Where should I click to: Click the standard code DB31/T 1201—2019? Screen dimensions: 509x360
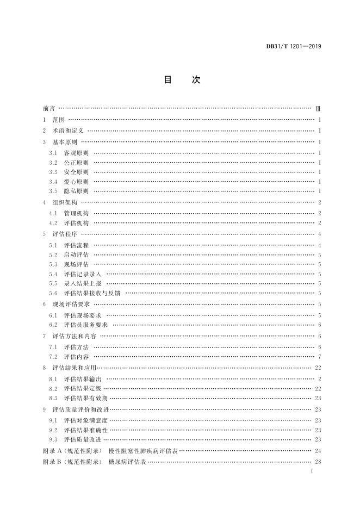coord(293,46)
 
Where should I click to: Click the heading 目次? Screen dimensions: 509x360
coord(182,80)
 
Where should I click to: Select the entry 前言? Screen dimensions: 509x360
coord(48,109)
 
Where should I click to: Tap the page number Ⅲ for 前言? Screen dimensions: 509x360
coord(318,109)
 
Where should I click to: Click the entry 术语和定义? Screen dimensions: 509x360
coord(68,131)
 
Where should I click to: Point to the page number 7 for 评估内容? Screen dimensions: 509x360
coord(319,356)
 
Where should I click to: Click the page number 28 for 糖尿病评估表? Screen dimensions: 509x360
coord(318,462)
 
